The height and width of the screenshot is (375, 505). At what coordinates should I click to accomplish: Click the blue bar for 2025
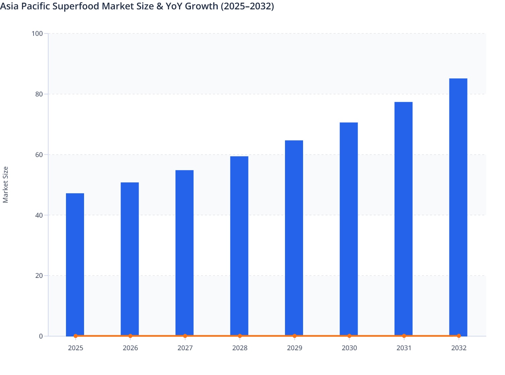[x=75, y=265]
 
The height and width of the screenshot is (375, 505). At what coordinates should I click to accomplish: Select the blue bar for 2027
[x=185, y=253]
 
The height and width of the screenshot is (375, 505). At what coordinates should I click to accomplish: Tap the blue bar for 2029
[x=294, y=238]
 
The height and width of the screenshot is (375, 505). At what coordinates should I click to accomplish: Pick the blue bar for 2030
[x=349, y=229]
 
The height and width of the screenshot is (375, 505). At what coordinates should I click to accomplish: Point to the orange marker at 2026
[x=130, y=336]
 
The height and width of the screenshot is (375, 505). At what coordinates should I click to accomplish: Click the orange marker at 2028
[x=240, y=336]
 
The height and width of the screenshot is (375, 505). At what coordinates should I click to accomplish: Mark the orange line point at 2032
[x=459, y=336]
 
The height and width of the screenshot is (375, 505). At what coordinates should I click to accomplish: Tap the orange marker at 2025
[x=75, y=336]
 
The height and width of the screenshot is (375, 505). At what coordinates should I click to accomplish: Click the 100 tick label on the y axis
[x=37, y=33]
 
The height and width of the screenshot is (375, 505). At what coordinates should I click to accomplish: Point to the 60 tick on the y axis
[x=39, y=155]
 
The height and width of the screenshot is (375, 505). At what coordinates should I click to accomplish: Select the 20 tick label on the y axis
[x=39, y=276]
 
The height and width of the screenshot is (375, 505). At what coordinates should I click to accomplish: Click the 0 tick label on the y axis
[x=41, y=336]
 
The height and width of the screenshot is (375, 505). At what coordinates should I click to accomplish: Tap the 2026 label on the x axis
[x=130, y=348]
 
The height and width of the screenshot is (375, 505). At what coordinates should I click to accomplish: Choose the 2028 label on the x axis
[x=240, y=348]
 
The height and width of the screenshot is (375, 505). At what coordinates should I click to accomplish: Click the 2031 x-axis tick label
[x=404, y=348]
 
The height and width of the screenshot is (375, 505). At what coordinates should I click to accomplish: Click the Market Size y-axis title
[x=6, y=184]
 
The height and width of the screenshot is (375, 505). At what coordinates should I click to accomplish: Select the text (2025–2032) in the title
[x=247, y=6]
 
